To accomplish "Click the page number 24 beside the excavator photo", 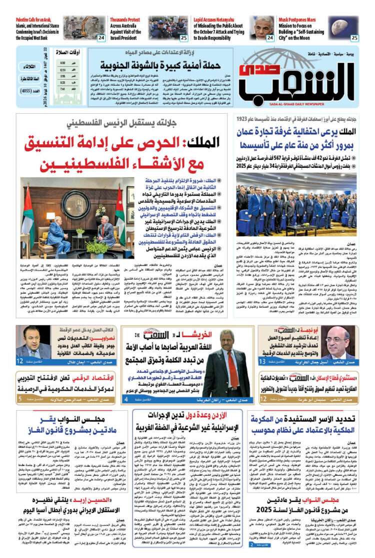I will tap(101, 38).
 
